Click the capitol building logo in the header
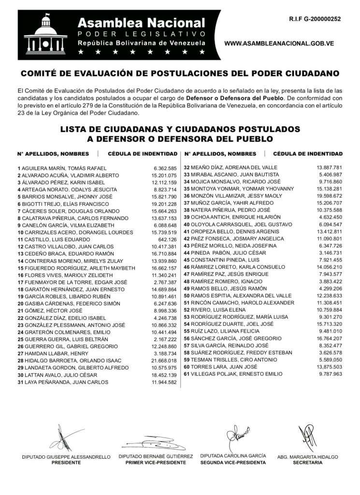pyautogui.click(x=46, y=35)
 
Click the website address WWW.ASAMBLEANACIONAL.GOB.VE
pyautogui.click(x=287, y=44)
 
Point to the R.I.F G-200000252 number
pyautogui.click(x=315, y=19)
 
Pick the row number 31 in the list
pyautogui.click(x=20, y=382)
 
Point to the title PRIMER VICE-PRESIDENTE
pyautogui.click(x=156, y=463)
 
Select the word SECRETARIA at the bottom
pyautogui.click(x=307, y=463)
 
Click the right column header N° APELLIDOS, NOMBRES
pyautogui.click(x=220, y=154)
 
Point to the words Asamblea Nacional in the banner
pyautogui.click(x=142, y=23)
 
